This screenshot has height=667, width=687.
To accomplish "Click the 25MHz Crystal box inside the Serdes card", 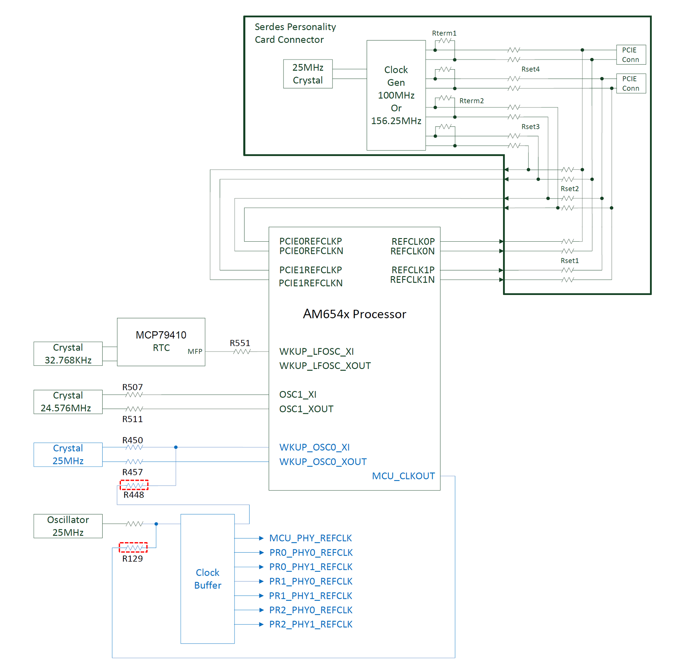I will [308, 74].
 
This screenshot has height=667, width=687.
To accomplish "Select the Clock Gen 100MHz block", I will [396, 95].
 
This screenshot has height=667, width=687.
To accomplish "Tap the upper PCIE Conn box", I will [631, 54].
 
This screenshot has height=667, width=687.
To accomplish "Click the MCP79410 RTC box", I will [161, 341].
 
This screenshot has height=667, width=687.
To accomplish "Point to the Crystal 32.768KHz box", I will [68, 354].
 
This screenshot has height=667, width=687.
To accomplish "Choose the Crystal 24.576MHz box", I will [68, 402].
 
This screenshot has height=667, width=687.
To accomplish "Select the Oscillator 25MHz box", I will [68, 526].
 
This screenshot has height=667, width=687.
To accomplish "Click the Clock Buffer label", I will [208, 579].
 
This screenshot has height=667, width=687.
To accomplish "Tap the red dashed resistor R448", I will [134, 485].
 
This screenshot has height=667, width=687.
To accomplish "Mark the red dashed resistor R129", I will [133, 548].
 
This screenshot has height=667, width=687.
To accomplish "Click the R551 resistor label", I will [240, 343].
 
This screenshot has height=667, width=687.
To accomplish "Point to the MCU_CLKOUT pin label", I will [403, 476].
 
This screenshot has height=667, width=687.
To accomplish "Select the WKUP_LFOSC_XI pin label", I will [316, 351].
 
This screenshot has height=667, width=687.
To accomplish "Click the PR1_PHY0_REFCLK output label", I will [311, 581].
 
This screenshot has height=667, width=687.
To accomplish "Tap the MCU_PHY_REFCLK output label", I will [310, 538].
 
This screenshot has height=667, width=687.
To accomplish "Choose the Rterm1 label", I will [444, 33].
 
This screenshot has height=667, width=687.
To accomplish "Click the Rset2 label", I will [570, 189].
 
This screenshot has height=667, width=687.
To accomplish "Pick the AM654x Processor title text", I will [354, 314].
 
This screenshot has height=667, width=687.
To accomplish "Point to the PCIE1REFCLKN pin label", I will [311, 283].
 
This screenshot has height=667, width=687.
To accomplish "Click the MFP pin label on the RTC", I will [195, 351].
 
